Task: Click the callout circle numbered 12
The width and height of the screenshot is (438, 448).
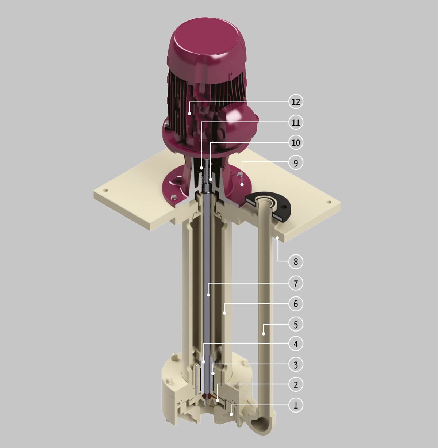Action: (x=296, y=102)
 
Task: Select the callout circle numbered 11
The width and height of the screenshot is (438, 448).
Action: (x=296, y=122)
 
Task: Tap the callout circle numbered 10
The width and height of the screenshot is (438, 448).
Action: (x=296, y=142)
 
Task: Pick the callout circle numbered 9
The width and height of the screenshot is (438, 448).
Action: (x=296, y=163)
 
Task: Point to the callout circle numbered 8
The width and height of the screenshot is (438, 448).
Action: (x=296, y=261)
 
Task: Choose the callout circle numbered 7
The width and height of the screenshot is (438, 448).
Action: (x=296, y=283)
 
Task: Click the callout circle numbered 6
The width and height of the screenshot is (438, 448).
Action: (x=296, y=304)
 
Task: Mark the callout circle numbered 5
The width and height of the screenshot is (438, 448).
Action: (x=296, y=324)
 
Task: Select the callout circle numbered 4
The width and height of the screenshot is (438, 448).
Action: (x=296, y=344)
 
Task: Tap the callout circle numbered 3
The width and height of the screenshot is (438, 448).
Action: (x=296, y=365)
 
